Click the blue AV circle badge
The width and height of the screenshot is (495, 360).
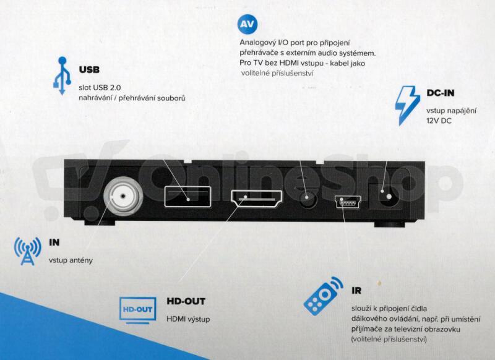247,24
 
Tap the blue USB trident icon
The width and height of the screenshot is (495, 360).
62,75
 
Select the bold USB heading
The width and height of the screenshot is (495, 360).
89,69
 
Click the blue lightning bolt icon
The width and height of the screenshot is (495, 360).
407,106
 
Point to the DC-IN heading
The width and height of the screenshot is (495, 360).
441,93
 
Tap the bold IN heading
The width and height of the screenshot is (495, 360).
54,242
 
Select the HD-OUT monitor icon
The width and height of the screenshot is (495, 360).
137,311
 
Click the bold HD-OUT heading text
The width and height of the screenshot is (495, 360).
186,301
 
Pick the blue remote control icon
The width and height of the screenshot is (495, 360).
323,296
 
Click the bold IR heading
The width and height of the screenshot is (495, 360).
356,291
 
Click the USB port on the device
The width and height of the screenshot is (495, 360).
187,197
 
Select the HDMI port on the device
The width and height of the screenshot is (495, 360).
257,199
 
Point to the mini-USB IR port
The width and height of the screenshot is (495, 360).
348,202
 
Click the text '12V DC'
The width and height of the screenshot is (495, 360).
439,121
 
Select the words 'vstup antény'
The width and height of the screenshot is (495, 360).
71,260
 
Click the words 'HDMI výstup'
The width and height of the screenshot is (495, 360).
188,319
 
